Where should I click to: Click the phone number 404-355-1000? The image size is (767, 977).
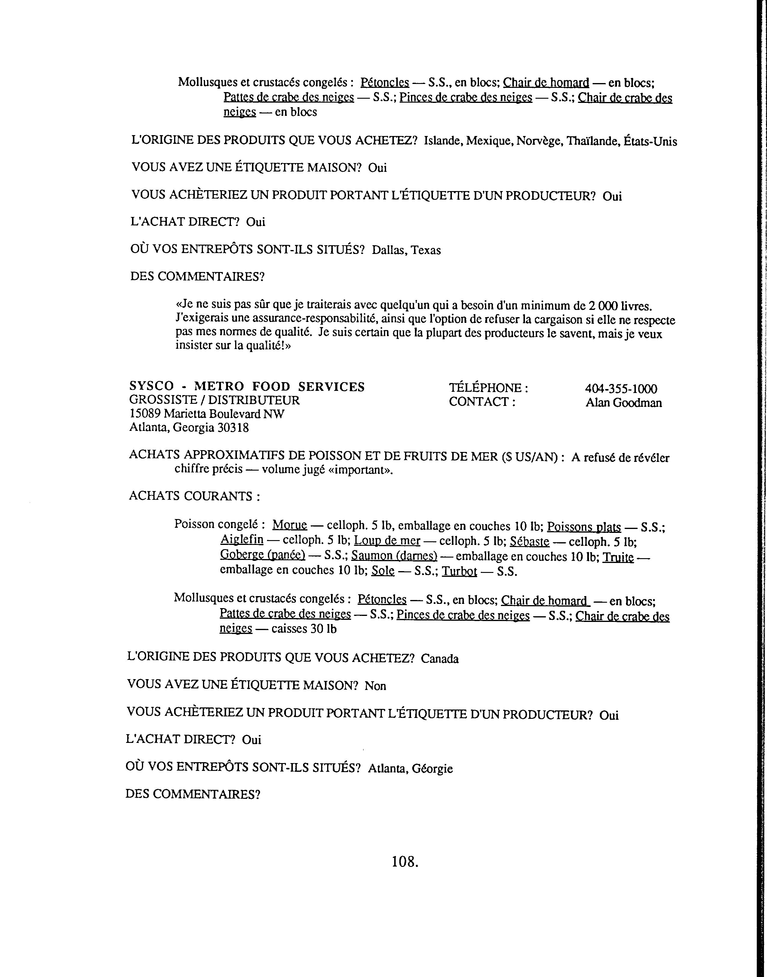pyautogui.click(x=621, y=389)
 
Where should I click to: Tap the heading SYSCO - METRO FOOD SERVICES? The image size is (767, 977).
pyautogui.click(x=247, y=386)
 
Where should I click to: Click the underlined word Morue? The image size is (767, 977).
pyautogui.click(x=290, y=524)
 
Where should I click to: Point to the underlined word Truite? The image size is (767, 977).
pyautogui.click(x=618, y=557)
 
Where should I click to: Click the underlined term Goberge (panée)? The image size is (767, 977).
pyautogui.click(x=263, y=555)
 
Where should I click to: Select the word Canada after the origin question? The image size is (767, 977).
pyautogui.click(x=440, y=659)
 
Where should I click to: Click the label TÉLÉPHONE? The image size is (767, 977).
pyautogui.click(x=488, y=388)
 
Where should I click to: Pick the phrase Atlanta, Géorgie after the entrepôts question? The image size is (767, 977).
pyautogui.click(x=410, y=768)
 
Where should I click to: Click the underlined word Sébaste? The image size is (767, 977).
pyautogui.click(x=529, y=542)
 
